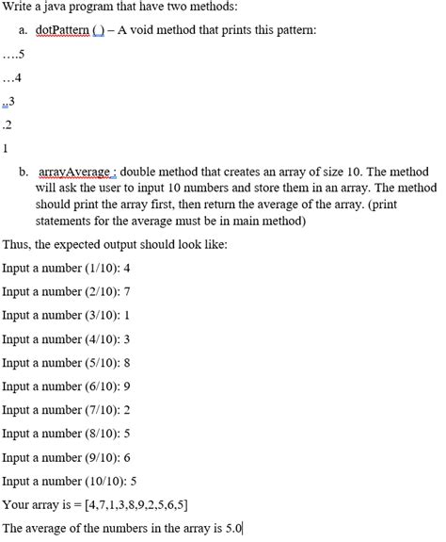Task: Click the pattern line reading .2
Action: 8,124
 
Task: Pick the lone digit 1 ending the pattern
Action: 6,148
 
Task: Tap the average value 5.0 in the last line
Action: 233,527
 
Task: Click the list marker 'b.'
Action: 23,174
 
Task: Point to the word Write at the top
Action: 17,8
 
